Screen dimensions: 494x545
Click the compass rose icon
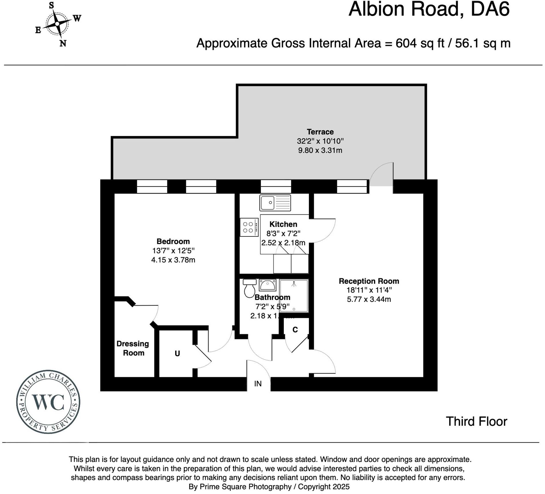[x=57, y=24]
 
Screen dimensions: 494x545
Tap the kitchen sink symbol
[x=275, y=203]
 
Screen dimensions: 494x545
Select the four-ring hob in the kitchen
[x=249, y=227]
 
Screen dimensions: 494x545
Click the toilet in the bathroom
[x=249, y=289]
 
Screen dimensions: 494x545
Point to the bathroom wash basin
[x=267, y=285]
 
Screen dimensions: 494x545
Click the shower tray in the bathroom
[x=294, y=296]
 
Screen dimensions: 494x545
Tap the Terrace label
[x=320, y=132]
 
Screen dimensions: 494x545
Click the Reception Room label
[x=369, y=281]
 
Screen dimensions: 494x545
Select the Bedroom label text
[x=173, y=241]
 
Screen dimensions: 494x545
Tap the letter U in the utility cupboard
[x=177, y=354]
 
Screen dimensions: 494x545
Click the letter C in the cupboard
[x=295, y=330]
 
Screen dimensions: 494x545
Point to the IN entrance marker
[x=258, y=384]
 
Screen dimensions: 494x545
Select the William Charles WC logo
[x=48, y=402]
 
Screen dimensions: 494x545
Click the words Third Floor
[x=476, y=421]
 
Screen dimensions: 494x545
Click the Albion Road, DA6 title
[x=429, y=9]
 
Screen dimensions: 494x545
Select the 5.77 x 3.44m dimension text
[x=369, y=299]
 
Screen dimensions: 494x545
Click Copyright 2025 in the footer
[x=324, y=487]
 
